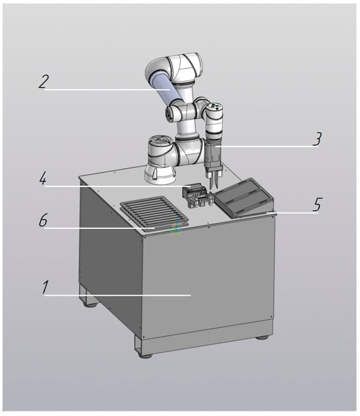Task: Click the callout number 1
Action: point(46,288)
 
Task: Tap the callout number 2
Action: point(44,82)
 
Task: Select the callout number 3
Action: point(317,139)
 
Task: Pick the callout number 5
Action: point(317,205)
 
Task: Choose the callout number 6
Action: point(44,220)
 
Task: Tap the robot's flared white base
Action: point(159,174)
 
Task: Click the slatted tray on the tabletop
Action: point(154,213)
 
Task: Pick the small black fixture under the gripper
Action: point(196,196)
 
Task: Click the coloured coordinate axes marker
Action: point(175,229)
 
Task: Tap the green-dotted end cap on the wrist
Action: point(215,107)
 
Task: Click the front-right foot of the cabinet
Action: point(262,338)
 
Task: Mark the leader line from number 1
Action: point(117,295)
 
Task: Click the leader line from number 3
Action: point(267,146)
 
